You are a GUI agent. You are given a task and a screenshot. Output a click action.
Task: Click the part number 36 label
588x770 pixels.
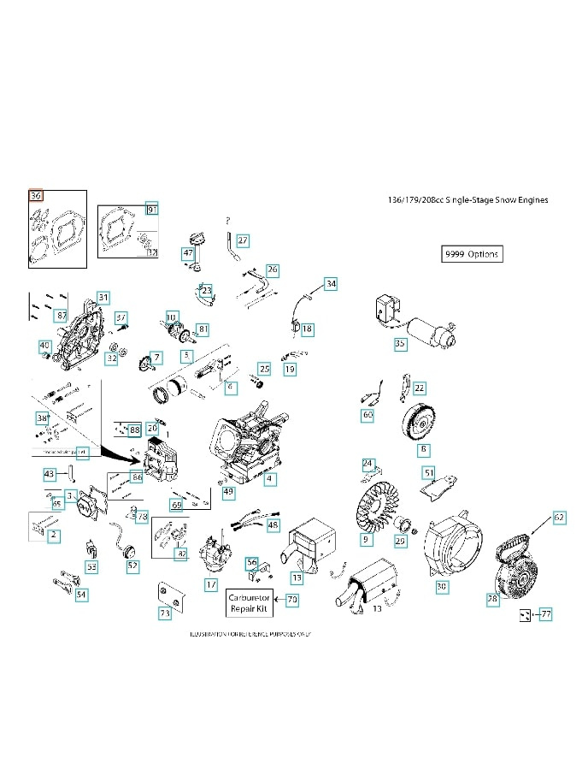point(35,195)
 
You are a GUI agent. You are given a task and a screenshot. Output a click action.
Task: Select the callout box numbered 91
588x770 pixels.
point(152,210)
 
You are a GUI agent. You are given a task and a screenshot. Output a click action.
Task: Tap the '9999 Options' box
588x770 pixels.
point(471,254)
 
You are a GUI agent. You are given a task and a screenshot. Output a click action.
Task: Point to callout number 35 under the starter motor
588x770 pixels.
point(400,343)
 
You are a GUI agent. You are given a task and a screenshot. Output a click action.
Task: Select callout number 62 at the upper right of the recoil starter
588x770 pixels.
point(559,518)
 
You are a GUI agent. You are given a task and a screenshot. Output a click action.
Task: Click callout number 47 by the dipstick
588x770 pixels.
point(188,253)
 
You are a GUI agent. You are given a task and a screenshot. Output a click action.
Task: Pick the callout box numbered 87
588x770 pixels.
point(61,316)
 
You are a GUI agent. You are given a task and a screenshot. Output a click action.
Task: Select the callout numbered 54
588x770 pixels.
point(81,594)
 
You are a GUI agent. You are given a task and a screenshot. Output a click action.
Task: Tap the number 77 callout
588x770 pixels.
point(545,614)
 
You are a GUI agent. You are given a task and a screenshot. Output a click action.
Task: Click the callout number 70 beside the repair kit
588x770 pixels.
point(292,600)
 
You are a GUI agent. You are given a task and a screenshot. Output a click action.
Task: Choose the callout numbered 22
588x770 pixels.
point(419,388)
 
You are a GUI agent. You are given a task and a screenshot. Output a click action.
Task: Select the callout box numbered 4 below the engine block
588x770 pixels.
point(270,480)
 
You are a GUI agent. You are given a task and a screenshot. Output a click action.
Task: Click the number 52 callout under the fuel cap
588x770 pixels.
point(132,566)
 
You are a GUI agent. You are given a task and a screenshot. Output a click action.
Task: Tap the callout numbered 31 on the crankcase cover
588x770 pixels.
point(103,297)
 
